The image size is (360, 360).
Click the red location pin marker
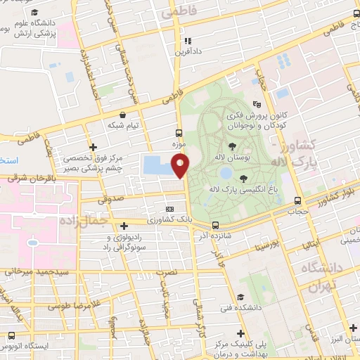182,166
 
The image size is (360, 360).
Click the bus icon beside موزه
179,133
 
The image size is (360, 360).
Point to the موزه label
179,143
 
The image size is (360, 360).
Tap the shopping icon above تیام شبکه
124,115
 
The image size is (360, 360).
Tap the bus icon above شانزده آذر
215,225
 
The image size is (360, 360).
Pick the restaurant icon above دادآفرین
187,41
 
